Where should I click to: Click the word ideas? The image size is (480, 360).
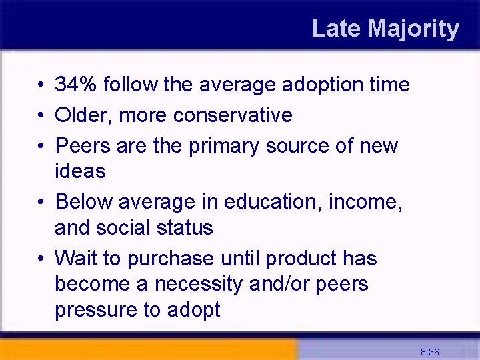(x=80, y=171)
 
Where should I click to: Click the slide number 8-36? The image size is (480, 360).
(x=429, y=351)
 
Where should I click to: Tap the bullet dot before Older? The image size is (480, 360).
(x=41, y=115)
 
